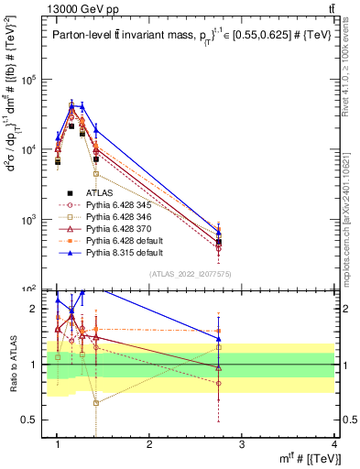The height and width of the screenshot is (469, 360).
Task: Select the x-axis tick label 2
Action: pos(150,444)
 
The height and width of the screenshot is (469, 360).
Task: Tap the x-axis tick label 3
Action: pos(243,444)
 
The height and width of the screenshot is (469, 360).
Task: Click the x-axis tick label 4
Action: pos(333,444)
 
